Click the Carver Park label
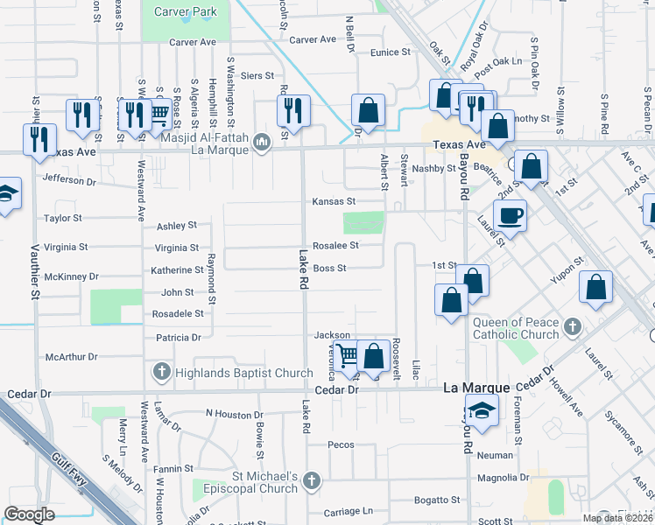pyautogui.click(x=185, y=11)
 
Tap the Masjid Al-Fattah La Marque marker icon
pyautogui.click(x=261, y=142)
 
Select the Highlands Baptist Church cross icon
pyautogui.click(x=161, y=373)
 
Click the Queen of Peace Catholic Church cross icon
pyautogui.click(x=572, y=326)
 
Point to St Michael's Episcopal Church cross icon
pyautogui.click(x=313, y=480)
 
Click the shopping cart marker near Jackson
pyautogui.click(x=348, y=355)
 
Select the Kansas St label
pyautogui.click(x=334, y=201)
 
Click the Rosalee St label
pyautogui.click(x=336, y=246)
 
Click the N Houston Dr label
pyautogui.click(x=234, y=413)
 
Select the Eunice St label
pyautogui.click(x=391, y=52)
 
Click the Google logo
pyautogui.click(x=29, y=514)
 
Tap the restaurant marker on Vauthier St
pyautogui.click(x=39, y=139)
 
